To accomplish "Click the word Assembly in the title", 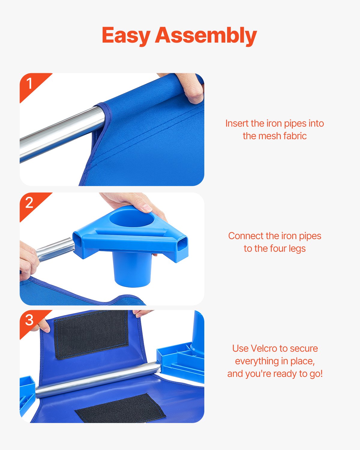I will [206, 35].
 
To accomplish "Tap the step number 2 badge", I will [29, 203].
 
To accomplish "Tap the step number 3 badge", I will [29, 320].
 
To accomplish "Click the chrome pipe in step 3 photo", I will [99, 379].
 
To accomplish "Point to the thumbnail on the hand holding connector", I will [147, 208].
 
